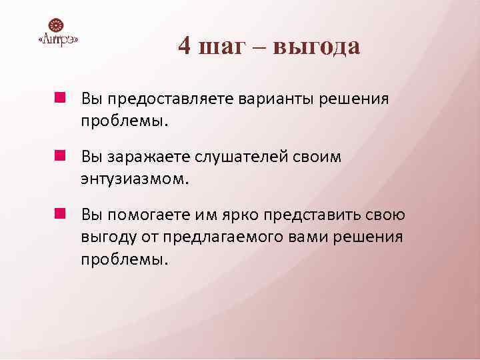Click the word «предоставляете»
point(165,99)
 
